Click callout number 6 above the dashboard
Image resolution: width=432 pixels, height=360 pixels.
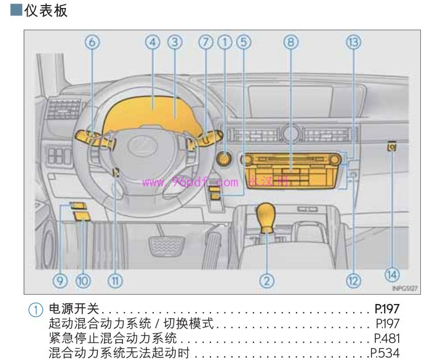92,42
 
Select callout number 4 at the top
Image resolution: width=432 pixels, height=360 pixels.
153,42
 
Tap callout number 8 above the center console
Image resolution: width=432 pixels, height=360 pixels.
291,42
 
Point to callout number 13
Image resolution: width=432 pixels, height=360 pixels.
353,42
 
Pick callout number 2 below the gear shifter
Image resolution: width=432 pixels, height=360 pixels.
266,281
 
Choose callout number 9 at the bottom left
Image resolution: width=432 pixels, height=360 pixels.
60,281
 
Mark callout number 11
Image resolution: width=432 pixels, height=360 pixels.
115,281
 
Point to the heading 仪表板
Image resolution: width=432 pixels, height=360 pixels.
46,10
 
